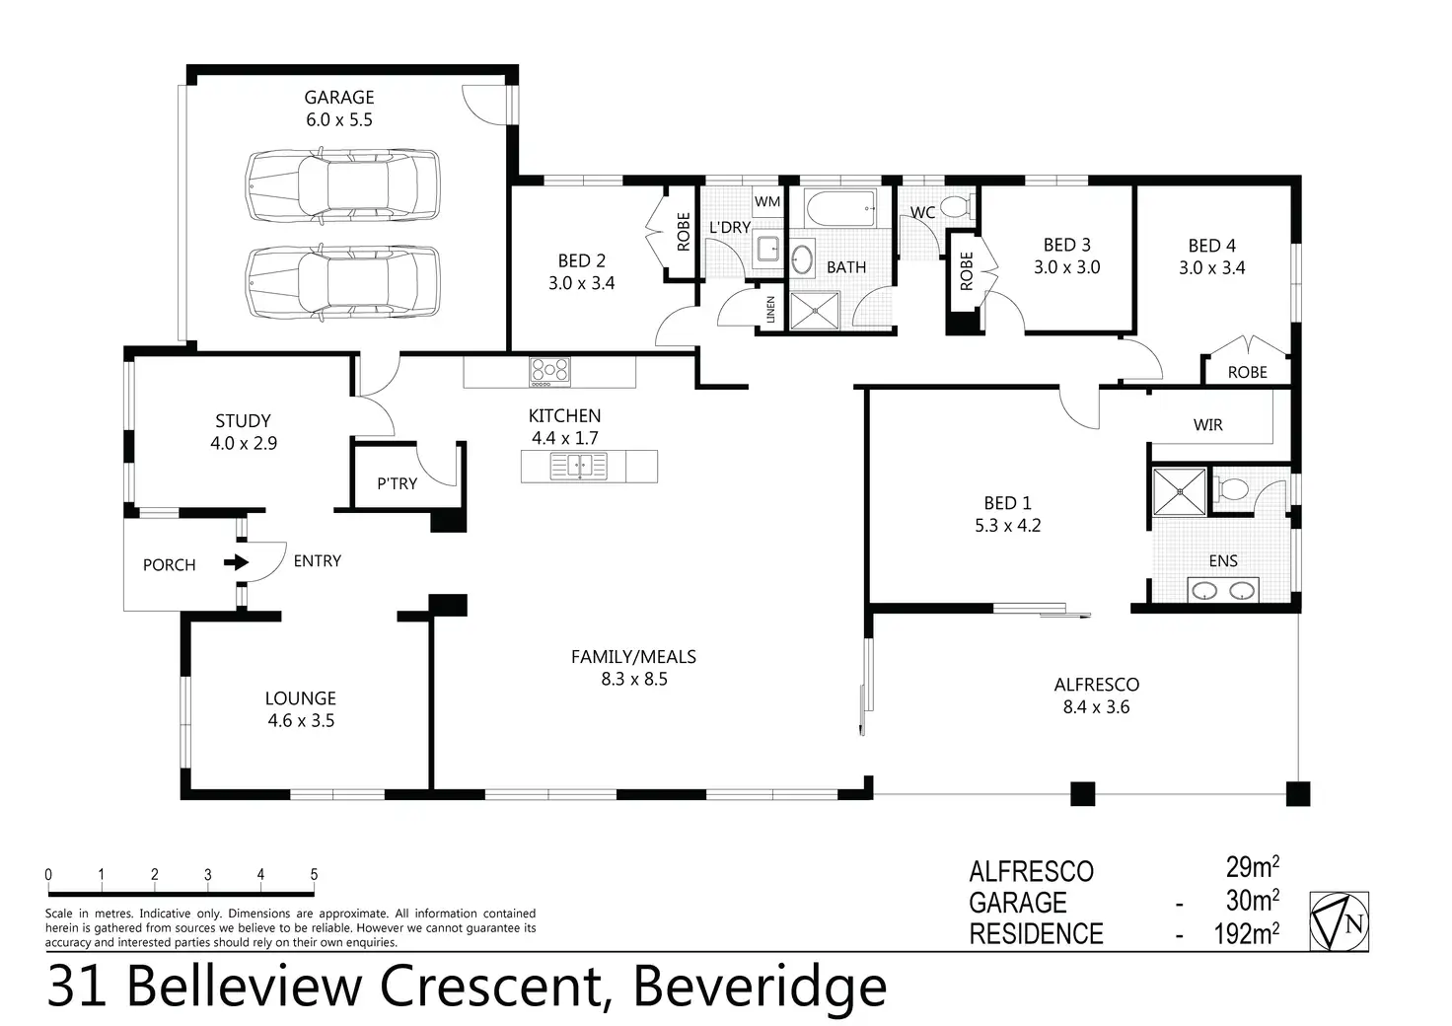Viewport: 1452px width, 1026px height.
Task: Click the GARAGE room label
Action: point(338,97)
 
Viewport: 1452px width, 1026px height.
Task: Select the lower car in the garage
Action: point(341,281)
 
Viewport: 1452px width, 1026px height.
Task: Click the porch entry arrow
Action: point(235,563)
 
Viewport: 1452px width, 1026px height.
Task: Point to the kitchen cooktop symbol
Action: point(549,370)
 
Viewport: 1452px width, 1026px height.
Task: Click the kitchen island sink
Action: point(580,466)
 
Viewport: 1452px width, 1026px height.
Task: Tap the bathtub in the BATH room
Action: point(839,208)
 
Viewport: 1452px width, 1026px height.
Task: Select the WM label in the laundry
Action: point(766,201)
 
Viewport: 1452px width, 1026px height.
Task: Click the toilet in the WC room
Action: point(954,207)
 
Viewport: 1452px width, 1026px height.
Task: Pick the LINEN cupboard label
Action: point(771,311)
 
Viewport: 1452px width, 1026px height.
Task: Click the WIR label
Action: point(1207,425)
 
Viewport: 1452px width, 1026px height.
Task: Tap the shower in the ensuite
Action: point(1180,491)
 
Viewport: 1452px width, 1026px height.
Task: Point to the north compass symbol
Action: point(1339,921)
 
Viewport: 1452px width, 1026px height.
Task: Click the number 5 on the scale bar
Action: point(314,874)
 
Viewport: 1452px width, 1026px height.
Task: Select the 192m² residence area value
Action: point(1246,933)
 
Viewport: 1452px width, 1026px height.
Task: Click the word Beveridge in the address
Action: point(760,987)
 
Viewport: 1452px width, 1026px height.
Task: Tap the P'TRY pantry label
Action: point(397,483)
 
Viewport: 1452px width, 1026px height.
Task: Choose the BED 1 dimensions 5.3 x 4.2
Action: point(1007,526)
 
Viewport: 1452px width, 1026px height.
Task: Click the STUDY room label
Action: point(243,421)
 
